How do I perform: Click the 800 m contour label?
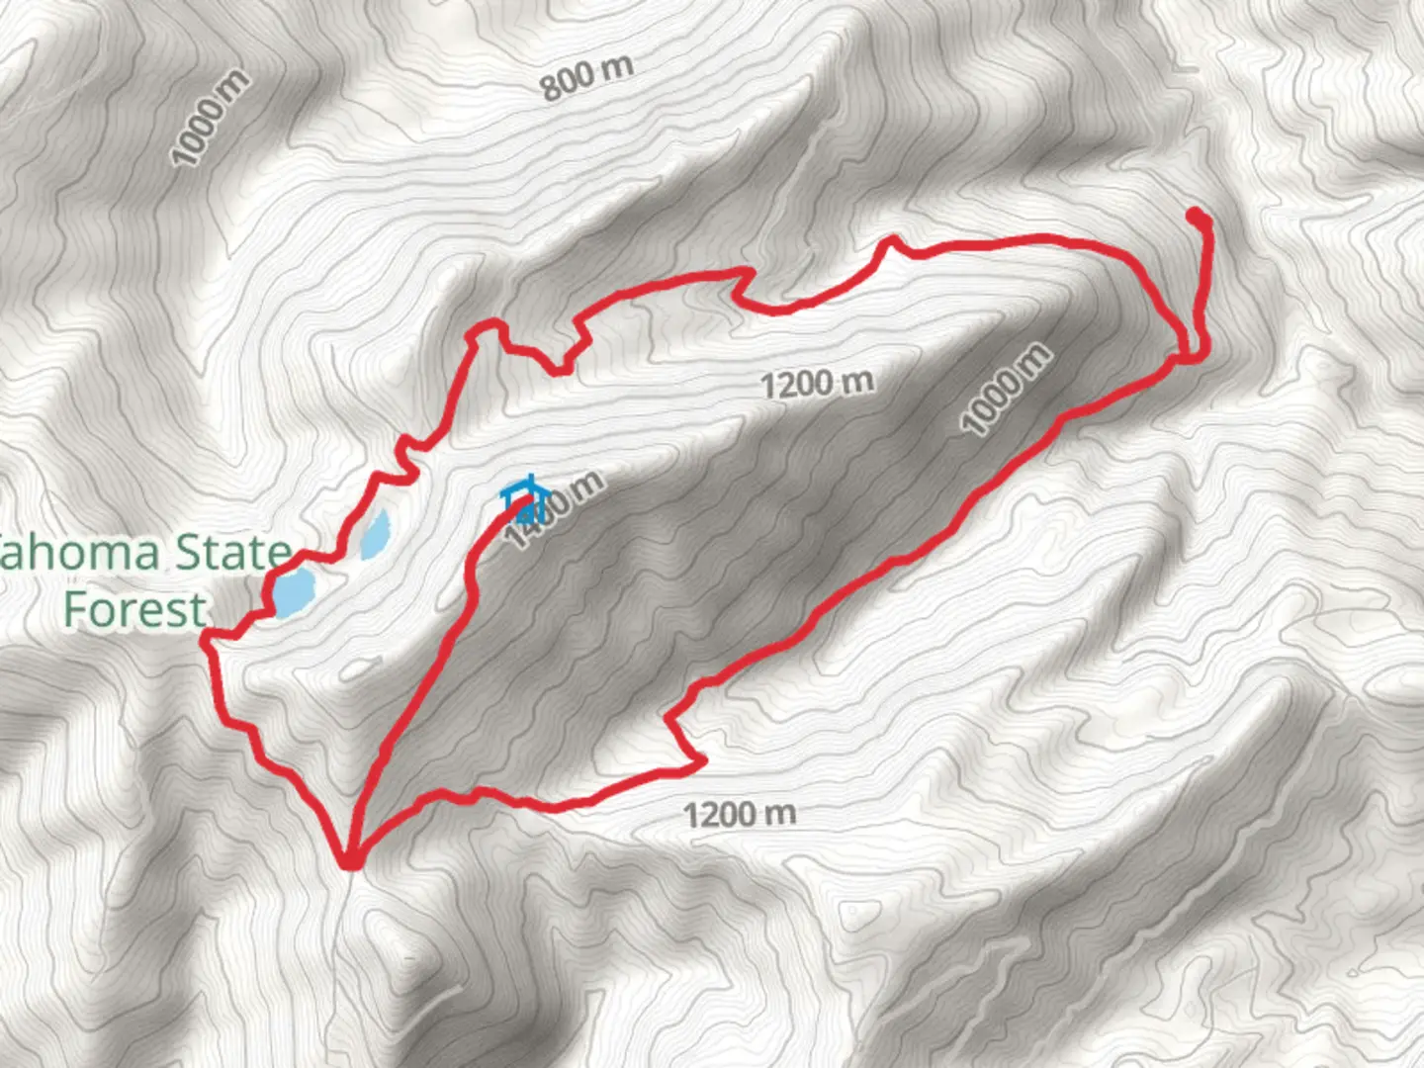tap(586, 76)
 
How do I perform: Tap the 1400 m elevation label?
tap(554, 509)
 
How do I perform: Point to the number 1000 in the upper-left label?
tap(202, 131)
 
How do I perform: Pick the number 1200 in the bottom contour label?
tap(723, 816)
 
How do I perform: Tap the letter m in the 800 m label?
tap(617, 67)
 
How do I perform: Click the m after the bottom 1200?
tap(780, 813)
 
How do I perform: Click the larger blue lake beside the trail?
tap(295, 591)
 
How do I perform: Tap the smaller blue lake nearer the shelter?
tap(376, 535)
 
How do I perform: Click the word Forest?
tap(134, 609)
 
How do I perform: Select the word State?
tap(233, 553)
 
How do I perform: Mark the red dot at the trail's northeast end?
tap(1196, 216)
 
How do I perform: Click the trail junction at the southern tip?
tap(350, 861)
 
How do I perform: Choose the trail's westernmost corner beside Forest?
tap(206, 641)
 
